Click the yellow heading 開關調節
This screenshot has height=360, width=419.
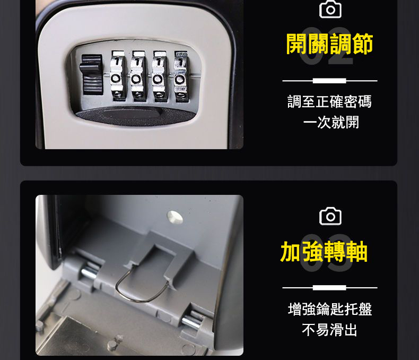[x=329, y=44]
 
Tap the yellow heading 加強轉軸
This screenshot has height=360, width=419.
[x=324, y=252]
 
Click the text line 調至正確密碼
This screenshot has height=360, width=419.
[x=329, y=101]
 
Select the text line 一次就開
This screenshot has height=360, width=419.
[x=331, y=123]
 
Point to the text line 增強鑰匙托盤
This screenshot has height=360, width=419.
[x=330, y=309]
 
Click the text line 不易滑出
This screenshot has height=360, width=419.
[x=329, y=330]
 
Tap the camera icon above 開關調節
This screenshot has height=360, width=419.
[x=330, y=9]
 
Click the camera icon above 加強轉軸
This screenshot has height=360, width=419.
[x=330, y=216]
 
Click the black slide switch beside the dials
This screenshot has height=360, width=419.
[x=91, y=75]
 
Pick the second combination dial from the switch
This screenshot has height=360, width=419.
[x=138, y=76]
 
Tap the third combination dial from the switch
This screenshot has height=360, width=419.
[x=159, y=77]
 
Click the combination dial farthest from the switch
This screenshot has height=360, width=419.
[x=181, y=77]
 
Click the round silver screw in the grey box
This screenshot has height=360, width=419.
[x=175, y=217]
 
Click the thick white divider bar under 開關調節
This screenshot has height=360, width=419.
[x=329, y=81]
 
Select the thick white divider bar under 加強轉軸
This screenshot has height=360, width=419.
[x=329, y=288]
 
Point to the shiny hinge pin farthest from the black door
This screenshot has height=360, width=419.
[x=191, y=322]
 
